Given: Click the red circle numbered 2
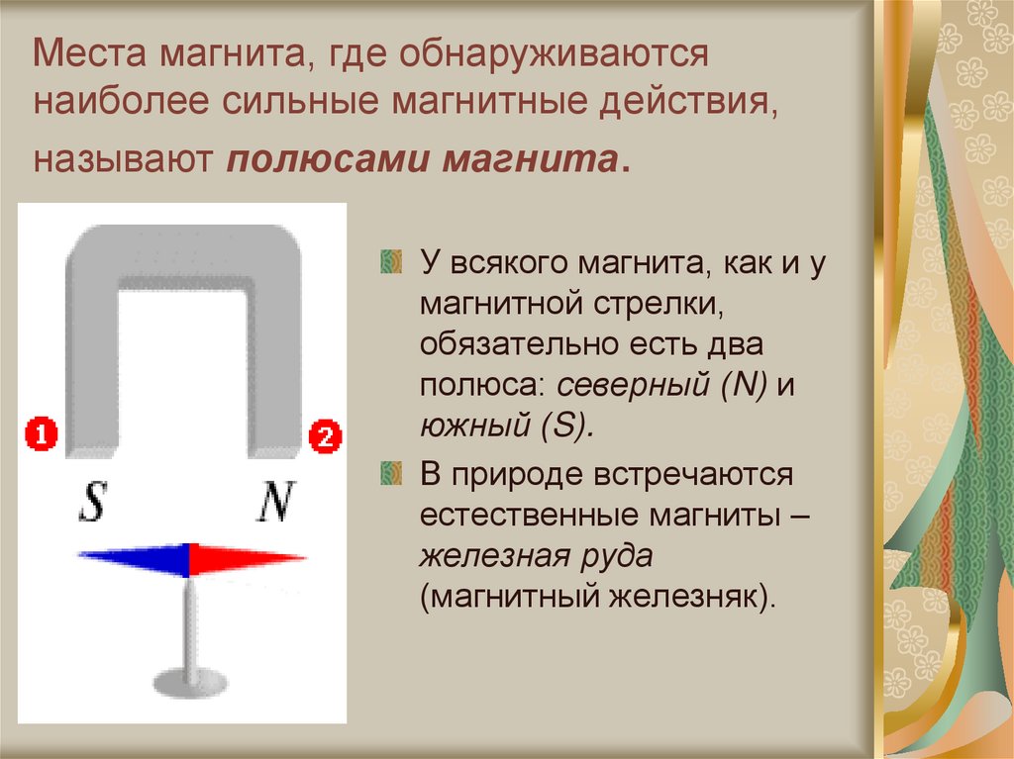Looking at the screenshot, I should [325, 435].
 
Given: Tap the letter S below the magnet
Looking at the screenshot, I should [92, 503].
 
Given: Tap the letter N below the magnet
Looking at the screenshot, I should [273, 503].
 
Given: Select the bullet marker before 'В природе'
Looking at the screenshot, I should [392, 474].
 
